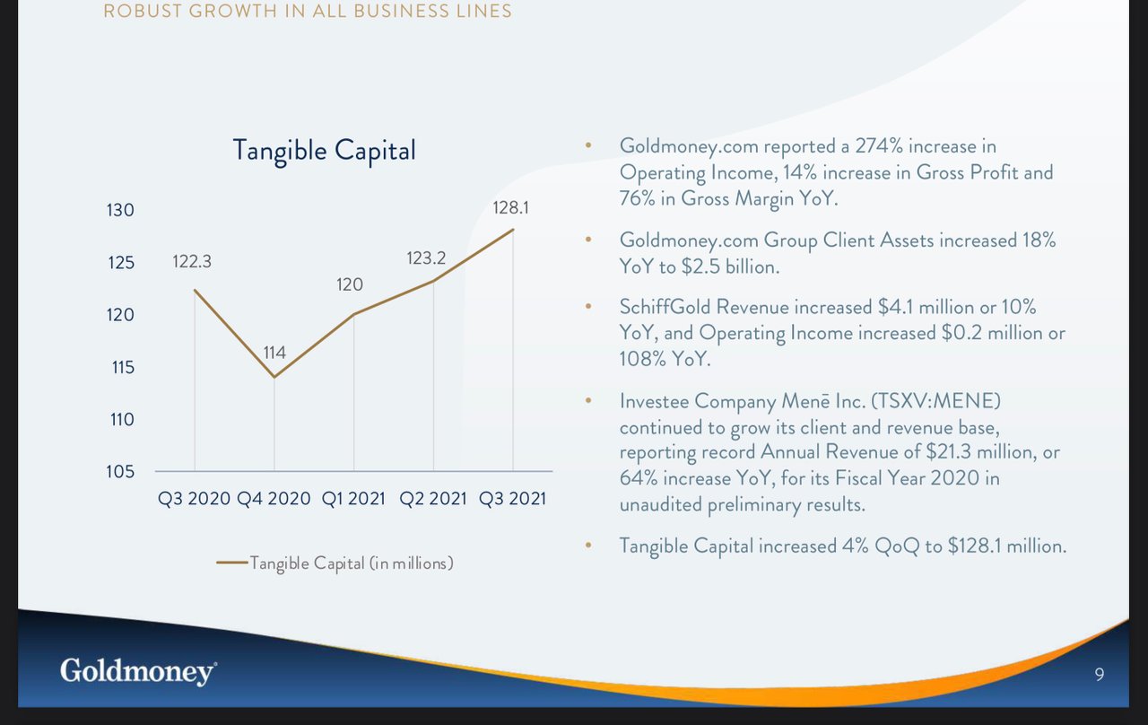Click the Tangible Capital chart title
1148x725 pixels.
coord(325,151)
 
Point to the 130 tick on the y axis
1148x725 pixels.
coord(120,210)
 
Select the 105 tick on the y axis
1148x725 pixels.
coord(120,472)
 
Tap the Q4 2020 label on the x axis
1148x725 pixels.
coord(274,498)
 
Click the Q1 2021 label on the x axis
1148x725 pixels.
coord(353,498)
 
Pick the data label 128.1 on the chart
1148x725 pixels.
coord(510,207)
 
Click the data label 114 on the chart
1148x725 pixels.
coord(274,353)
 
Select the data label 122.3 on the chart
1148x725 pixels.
coord(192,261)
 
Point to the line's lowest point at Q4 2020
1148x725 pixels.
coord(274,378)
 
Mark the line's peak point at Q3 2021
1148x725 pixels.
coord(513,230)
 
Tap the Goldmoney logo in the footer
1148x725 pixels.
coord(138,671)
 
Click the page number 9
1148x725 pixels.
coord(1100,674)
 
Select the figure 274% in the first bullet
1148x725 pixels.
coord(879,146)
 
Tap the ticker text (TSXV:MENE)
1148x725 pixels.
coord(935,401)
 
